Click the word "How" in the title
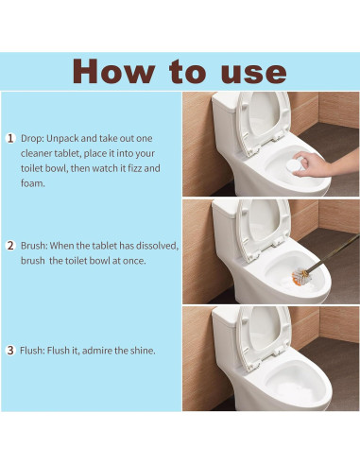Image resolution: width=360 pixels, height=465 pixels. pyautogui.click(x=113, y=71)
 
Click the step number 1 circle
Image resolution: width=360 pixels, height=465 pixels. pyautogui.click(x=10, y=138)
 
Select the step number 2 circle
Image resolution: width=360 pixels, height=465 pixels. pyautogui.click(x=10, y=246)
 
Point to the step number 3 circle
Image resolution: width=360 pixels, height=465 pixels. pyautogui.click(x=10, y=351)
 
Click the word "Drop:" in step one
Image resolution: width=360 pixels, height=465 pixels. pyautogui.click(x=32, y=138)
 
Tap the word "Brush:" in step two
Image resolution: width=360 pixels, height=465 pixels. pyautogui.click(x=34, y=246)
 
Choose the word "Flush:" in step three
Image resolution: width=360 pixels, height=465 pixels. pyautogui.click(x=32, y=351)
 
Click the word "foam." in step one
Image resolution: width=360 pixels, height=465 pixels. pyautogui.click(x=33, y=183)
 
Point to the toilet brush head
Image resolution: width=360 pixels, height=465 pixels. pyautogui.click(x=301, y=277)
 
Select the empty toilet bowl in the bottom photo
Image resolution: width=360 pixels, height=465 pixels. pyautogui.click(x=295, y=381)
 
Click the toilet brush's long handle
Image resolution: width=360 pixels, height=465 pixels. pyautogui.click(x=333, y=253)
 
